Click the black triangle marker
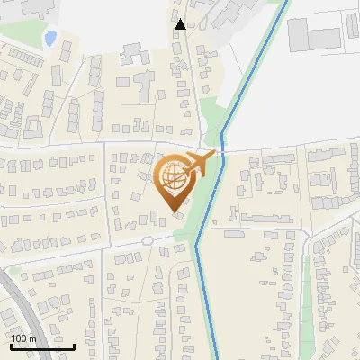181,24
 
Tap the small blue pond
50,38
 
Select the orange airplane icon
200,163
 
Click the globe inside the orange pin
172,176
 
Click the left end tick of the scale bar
11,346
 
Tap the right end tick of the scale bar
75,346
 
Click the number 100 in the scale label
21,337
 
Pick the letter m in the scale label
33,338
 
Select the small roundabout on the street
147,240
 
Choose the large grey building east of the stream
314,37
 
